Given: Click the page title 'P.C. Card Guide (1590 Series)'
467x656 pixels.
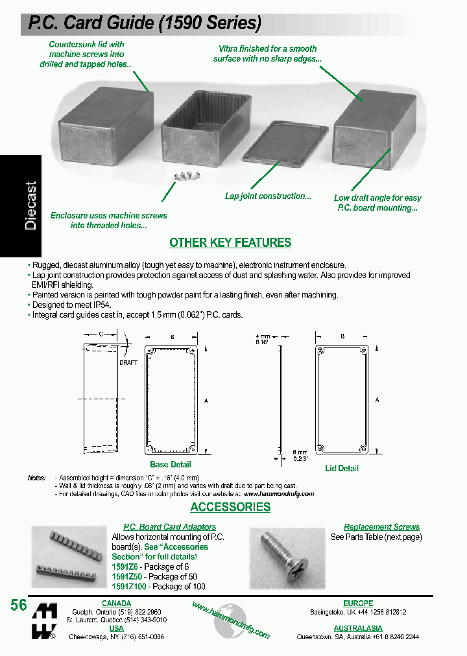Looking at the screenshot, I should point(144,23).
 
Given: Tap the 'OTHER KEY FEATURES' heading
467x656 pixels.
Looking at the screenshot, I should point(230,243).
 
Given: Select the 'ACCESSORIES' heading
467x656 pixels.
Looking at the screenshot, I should point(230,507).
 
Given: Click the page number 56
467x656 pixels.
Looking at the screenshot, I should point(19,605).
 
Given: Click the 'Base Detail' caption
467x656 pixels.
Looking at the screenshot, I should point(171,464).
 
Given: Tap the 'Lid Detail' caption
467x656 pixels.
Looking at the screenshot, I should point(342,468).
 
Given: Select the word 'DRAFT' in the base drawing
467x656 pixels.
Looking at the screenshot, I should point(128,362).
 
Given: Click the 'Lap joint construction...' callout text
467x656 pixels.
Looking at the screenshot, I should point(268,196).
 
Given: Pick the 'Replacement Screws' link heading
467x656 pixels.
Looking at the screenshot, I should point(381,527).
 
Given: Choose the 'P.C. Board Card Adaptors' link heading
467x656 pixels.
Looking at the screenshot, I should point(170,527).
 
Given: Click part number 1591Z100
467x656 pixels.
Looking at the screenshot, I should point(129,586).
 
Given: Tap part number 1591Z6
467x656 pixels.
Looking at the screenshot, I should point(125,567).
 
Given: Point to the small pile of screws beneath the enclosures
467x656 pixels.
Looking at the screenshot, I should point(182,175).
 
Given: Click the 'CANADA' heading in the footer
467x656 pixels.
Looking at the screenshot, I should point(117,603).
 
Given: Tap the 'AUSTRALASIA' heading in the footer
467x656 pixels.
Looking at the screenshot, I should point(358,628).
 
